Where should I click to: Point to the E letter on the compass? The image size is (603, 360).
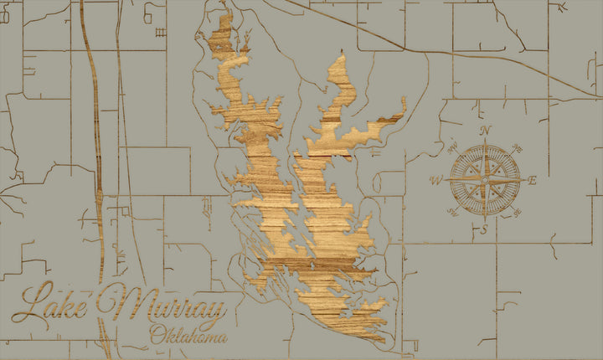tap(533, 180)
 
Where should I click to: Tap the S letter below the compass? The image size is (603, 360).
tap(484, 229)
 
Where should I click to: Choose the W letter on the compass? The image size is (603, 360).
tap(435, 180)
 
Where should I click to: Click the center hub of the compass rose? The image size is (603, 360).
tap(485, 179)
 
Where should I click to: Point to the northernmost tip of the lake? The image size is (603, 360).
tap(225, 12)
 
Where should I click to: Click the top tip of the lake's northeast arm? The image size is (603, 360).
tap(342, 56)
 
